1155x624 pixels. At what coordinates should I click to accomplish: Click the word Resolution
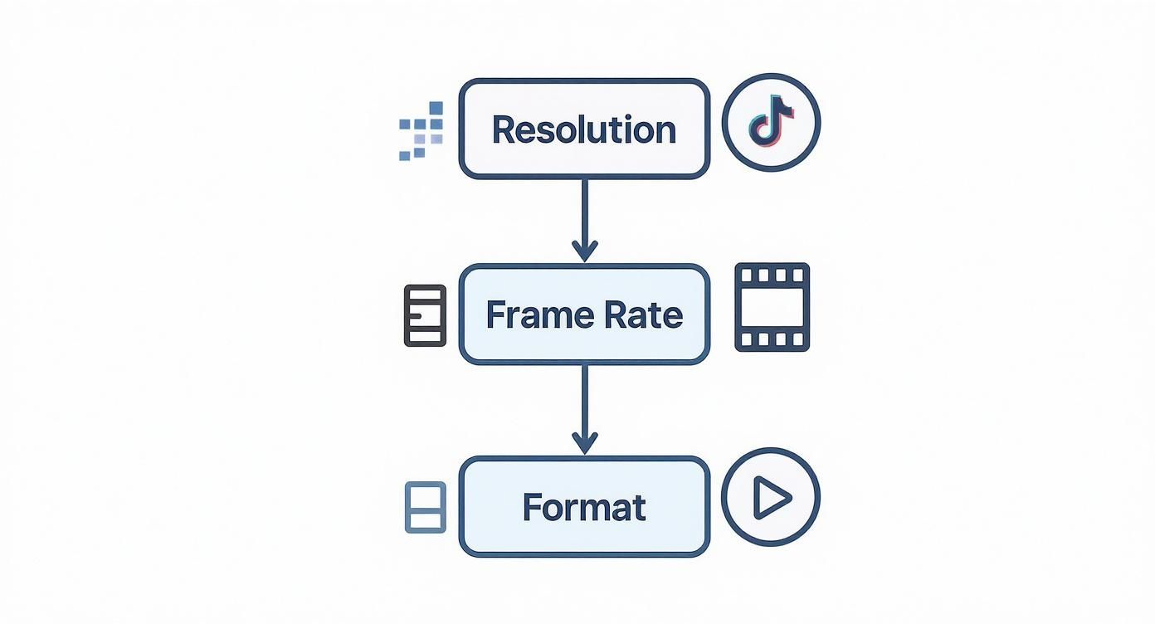pyautogui.click(x=584, y=130)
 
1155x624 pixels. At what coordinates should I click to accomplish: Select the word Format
pyautogui.click(x=584, y=507)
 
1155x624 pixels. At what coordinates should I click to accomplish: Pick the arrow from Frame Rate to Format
pyautogui.click(x=584, y=407)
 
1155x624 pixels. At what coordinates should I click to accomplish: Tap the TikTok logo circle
pyautogui.click(x=771, y=123)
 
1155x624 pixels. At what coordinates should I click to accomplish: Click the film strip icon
pyautogui.click(x=772, y=307)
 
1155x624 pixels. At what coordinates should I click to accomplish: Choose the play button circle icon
pyautogui.click(x=771, y=498)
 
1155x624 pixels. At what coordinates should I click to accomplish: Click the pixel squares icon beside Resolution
pyautogui.click(x=422, y=130)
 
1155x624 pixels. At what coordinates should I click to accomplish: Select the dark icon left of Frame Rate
pyautogui.click(x=425, y=315)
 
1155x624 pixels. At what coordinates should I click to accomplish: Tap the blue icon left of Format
pyautogui.click(x=425, y=507)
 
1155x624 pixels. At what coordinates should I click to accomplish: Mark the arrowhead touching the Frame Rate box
pyautogui.click(x=584, y=251)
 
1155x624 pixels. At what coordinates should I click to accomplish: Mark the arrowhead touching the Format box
pyautogui.click(x=584, y=443)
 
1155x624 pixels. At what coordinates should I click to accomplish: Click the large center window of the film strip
pyautogui.click(x=772, y=307)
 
